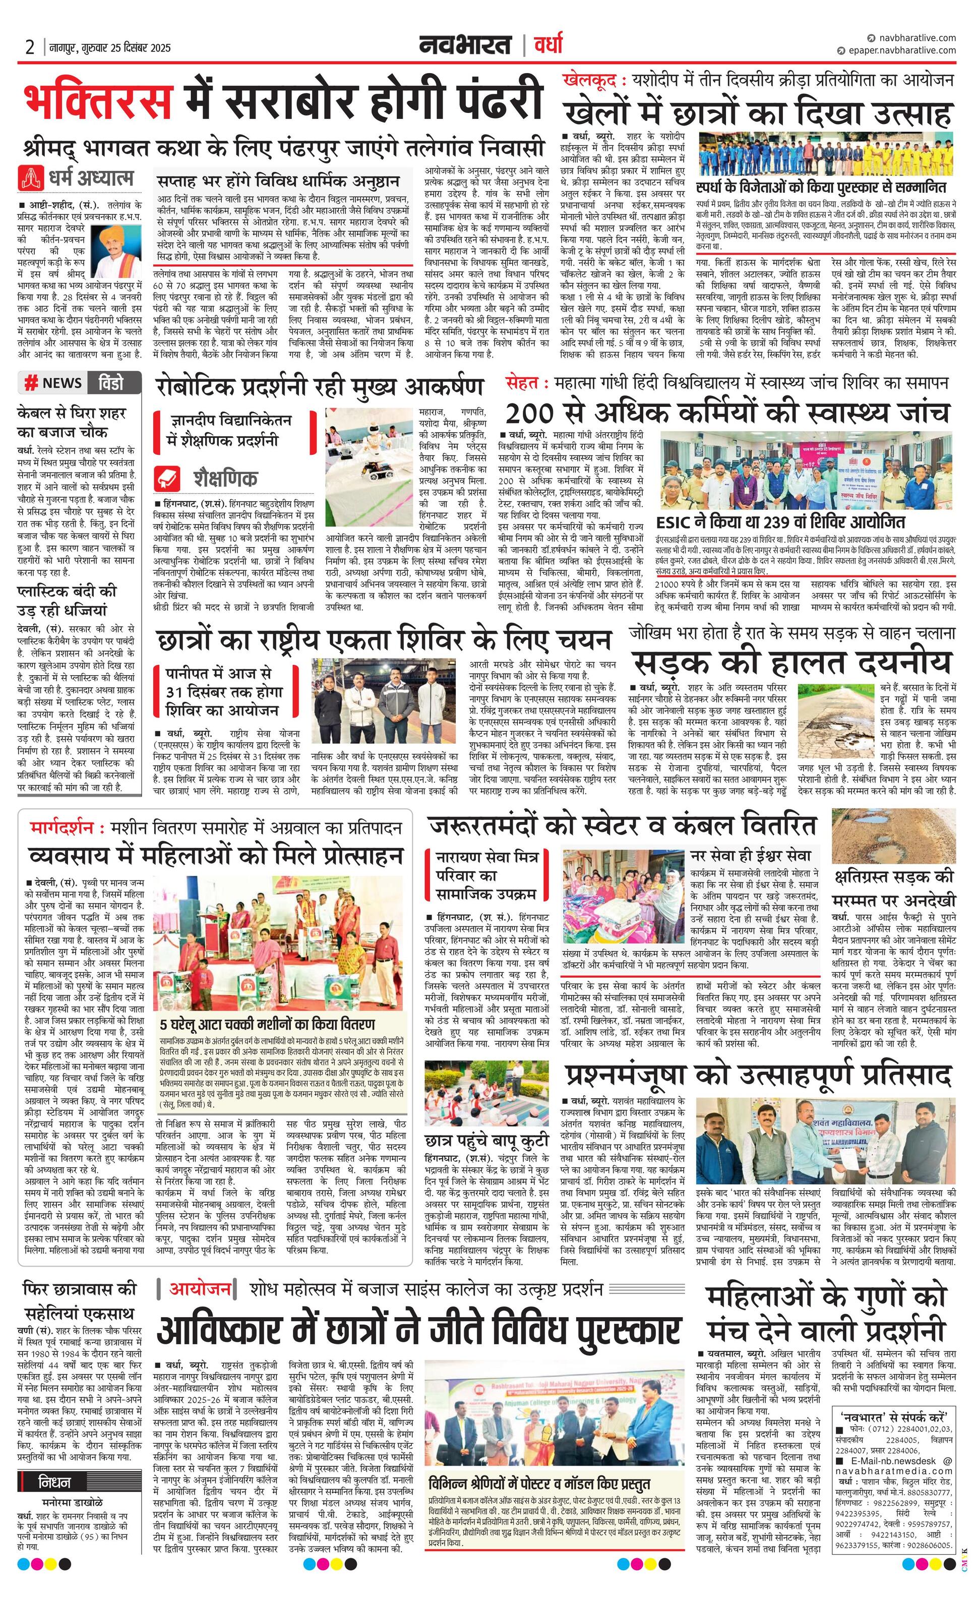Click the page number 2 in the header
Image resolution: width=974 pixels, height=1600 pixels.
[x=30, y=47]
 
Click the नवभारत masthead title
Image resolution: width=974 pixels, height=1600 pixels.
[x=464, y=45]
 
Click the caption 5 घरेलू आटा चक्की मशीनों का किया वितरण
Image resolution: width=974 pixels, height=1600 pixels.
[x=267, y=1024]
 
